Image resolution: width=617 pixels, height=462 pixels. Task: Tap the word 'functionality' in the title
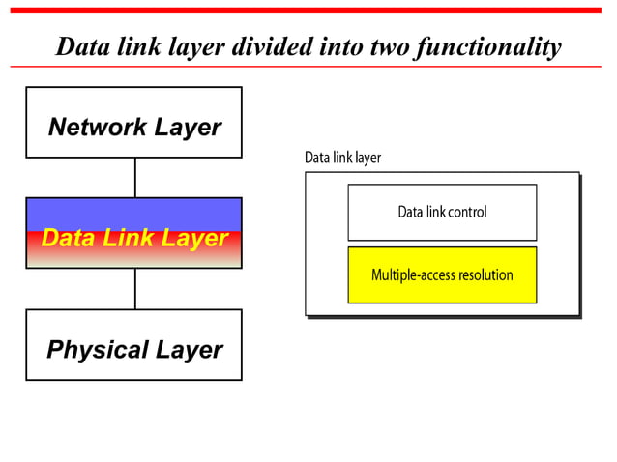tap(487, 46)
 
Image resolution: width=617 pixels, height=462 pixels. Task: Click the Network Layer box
tap(133, 122)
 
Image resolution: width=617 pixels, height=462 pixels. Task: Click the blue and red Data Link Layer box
tap(133, 233)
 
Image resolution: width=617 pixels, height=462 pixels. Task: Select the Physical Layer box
tap(133, 345)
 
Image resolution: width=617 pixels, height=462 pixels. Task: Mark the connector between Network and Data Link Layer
tap(135, 177)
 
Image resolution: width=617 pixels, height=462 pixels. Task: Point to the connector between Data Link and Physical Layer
tap(135, 288)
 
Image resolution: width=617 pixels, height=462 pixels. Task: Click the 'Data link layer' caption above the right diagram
tap(342, 158)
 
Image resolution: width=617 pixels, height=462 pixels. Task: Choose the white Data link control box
tap(442, 212)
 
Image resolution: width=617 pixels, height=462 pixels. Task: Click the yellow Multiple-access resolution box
tap(442, 274)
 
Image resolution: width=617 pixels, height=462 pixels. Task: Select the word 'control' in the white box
tap(467, 212)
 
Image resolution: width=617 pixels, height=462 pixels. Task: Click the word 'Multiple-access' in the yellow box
tap(411, 275)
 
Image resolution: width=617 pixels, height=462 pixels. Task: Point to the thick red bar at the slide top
tap(308, 10)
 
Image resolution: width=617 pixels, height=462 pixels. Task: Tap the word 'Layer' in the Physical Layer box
tap(191, 350)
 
